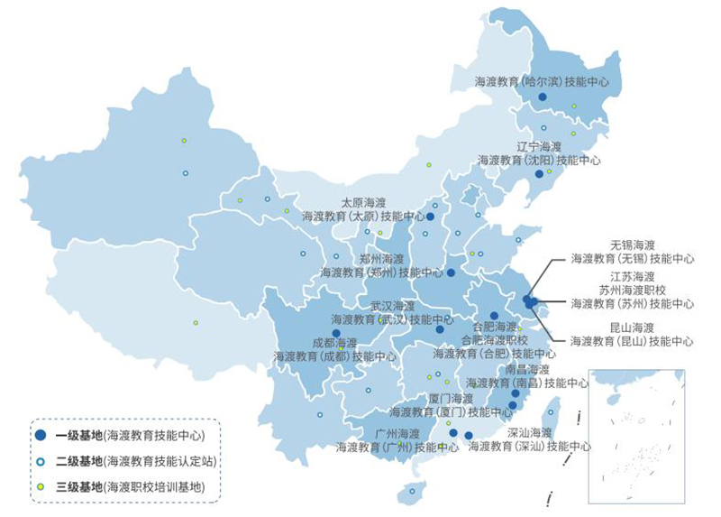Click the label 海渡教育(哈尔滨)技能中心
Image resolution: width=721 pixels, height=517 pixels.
543,81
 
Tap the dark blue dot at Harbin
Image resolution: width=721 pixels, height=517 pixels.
543,97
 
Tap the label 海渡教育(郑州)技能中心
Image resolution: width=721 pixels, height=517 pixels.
381,272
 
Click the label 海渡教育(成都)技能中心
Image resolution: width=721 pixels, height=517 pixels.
334,356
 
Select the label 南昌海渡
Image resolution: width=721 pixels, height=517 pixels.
527,370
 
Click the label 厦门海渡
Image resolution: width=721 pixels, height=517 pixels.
451,398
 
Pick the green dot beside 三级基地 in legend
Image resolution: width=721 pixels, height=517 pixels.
41,487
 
